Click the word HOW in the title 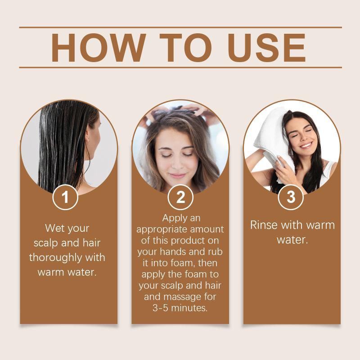click(x=99, y=48)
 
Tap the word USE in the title click(x=266, y=48)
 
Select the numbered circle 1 click(x=65, y=197)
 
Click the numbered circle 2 click(x=180, y=197)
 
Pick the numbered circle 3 click(x=291, y=197)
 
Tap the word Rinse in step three click(x=264, y=225)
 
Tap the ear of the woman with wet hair click(x=88, y=137)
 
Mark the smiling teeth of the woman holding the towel click(x=306, y=145)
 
